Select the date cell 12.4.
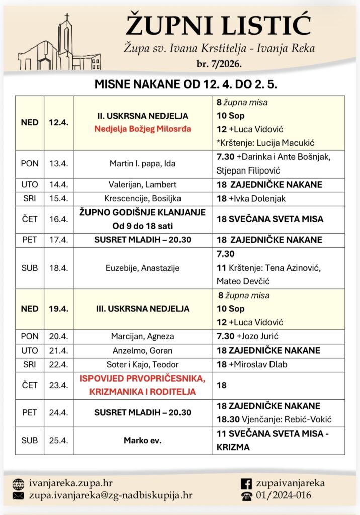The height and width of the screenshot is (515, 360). pyautogui.click(x=58, y=122)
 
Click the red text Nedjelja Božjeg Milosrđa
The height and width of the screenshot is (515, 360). pyautogui.click(x=142, y=128)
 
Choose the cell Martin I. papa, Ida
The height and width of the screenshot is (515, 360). pyautogui.click(x=142, y=163)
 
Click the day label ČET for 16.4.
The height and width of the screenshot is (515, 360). pyautogui.click(x=30, y=219)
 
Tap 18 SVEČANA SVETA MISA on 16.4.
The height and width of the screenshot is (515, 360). pyautogui.click(x=269, y=219)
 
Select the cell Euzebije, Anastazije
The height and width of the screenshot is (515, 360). pyautogui.click(x=142, y=268)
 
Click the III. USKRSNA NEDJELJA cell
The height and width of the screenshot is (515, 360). pyautogui.click(x=142, y=308)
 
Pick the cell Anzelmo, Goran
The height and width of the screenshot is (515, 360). pyautogui.click(x=142, y=350)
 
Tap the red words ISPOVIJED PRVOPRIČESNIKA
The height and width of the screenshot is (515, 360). pyautogui.click(x=142, y=379)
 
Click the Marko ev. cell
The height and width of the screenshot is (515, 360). pyautogui.click(x=142, y=441)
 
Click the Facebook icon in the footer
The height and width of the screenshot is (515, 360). pyautogui.click(x=246, y=483)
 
